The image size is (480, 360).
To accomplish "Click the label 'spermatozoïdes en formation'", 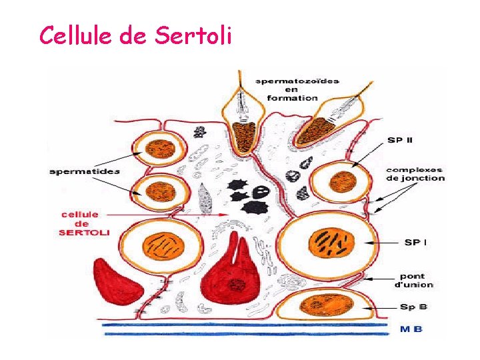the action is (x=297, y=89).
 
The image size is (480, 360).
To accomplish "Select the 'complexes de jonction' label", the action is (x=415, y=173).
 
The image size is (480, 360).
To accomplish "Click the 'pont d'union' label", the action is (x=413, y=280).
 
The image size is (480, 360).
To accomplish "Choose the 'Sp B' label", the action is (x=414, y=307).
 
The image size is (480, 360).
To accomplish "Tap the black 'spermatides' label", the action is (x=85, y=171).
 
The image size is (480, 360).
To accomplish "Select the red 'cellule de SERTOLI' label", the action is (x=84, y=223).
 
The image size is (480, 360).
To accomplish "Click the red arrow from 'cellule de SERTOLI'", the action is (x=173, y=215).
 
